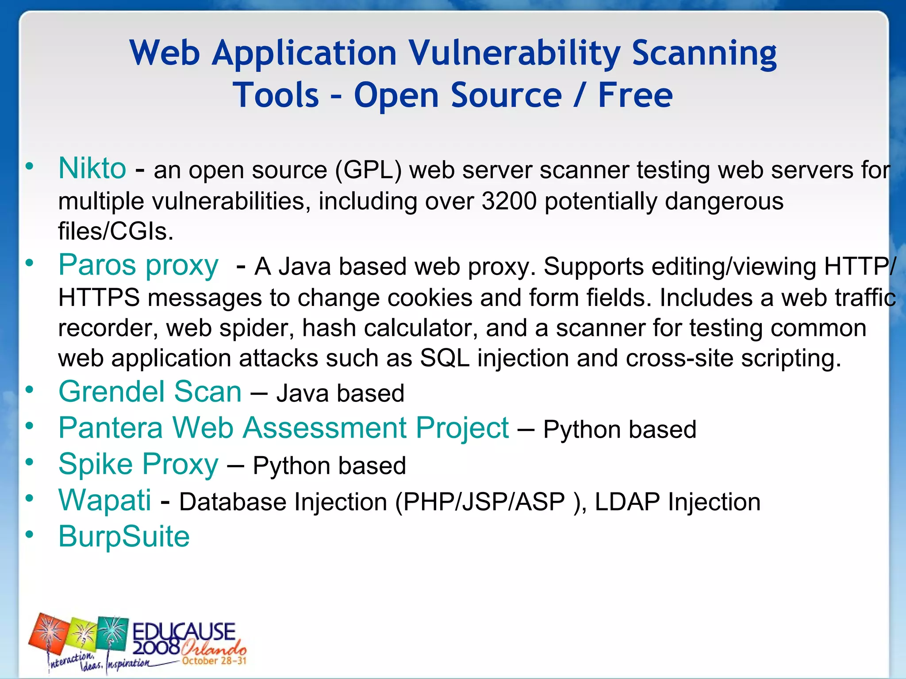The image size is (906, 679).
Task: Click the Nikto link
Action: pos(92,168)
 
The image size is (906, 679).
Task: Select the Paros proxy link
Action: pos(138,265)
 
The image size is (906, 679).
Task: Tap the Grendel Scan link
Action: pos(150,392)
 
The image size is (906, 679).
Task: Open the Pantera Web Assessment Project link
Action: pos(284,428)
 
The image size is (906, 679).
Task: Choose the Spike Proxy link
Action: pos(138,464)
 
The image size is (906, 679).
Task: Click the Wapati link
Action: pos(105,500)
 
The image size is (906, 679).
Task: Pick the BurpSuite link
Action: pos(124,537)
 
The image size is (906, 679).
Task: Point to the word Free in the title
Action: pos(635,95)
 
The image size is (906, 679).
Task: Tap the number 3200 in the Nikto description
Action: pos(509,201)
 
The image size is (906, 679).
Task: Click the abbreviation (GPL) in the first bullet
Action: pos(368,170)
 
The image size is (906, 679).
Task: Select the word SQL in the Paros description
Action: pos(444,358)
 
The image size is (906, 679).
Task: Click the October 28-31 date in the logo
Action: pos(214,661)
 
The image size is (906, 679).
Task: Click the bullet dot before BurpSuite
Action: pos(30,534)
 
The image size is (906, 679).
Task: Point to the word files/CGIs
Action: pos(115,231)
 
